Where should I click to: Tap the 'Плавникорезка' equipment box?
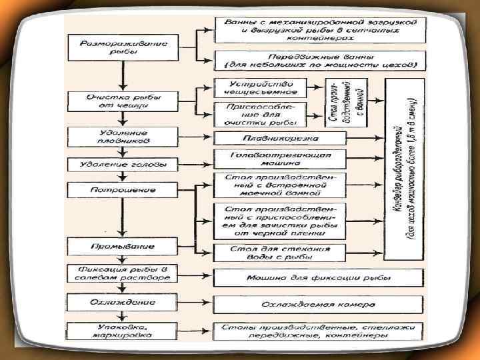pos(280,138)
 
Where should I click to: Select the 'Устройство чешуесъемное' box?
pos(261,87)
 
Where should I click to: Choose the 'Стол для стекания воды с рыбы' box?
pos(280,253)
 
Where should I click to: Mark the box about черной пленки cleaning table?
pos(280,220)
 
